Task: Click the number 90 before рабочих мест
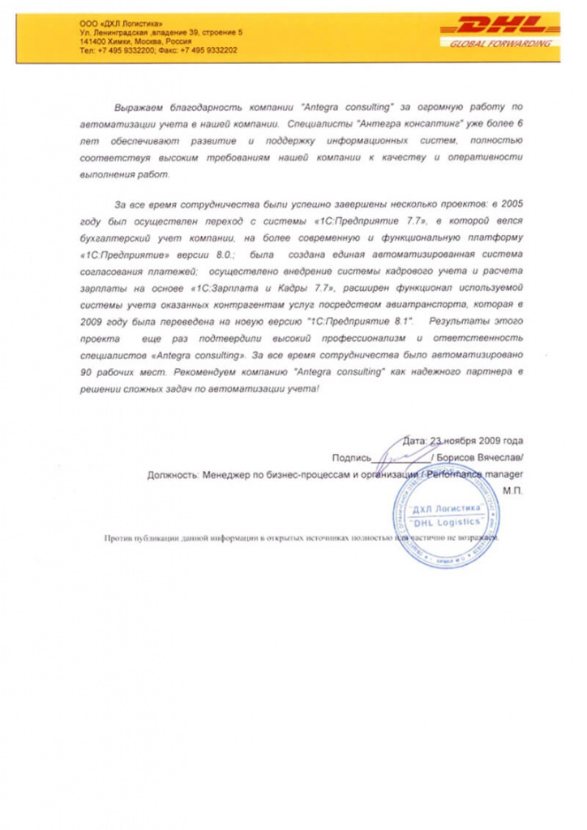click(x=85, y=371)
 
